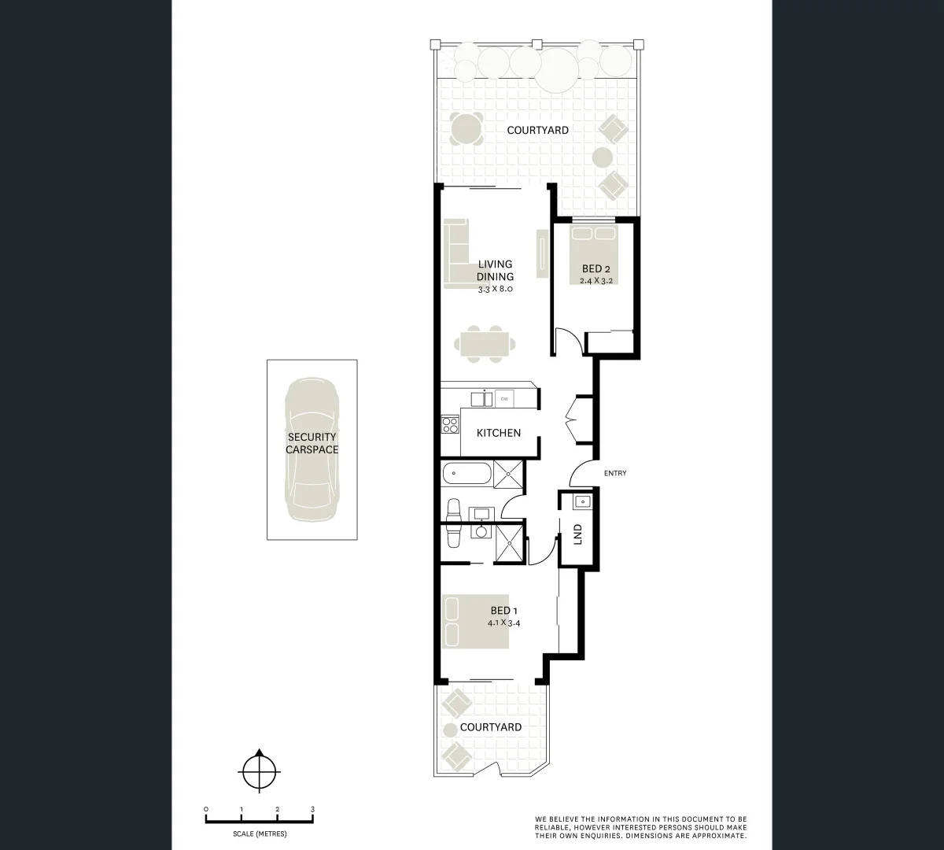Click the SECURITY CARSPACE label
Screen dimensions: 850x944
pos(312,443)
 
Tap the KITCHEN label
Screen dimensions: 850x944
pos(499,433)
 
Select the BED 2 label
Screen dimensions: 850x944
pos(596,269)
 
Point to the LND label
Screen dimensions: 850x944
pos(578,534)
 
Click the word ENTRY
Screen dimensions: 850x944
pos(615,473)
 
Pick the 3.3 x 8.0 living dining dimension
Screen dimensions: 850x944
pos(496,289)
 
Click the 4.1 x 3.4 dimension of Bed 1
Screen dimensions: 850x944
pos(504,623)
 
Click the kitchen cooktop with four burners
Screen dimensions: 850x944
pos(451,425)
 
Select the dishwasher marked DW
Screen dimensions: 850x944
pos(504,397)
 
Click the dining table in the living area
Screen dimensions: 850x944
pos(483,344)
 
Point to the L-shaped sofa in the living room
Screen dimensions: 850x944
pos(456,252)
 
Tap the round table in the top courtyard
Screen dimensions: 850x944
pos(467,128)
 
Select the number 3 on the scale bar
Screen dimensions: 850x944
pos(312,809)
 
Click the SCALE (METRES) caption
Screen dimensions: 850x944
pos(260,833)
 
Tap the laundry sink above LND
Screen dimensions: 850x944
pos(582,501)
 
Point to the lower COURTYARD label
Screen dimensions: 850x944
pos(491,727)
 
